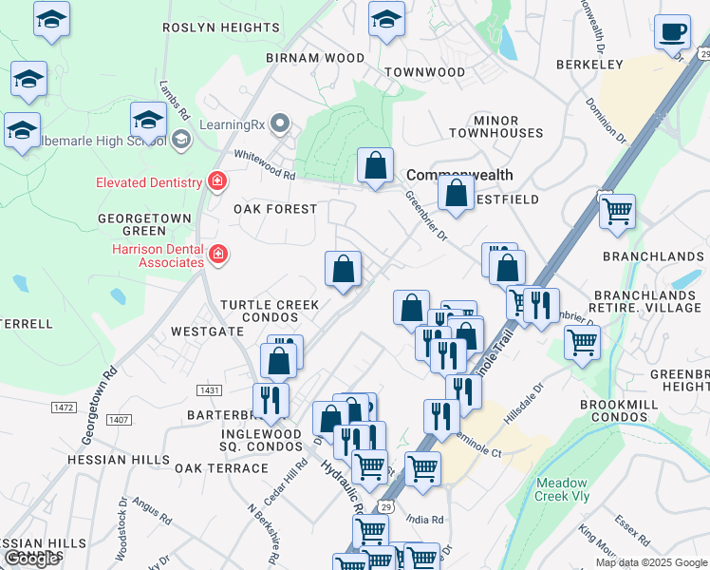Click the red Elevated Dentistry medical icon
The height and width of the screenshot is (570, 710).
click(x=218, y=182)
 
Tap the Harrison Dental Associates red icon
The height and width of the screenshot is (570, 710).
click(x=218, y=254)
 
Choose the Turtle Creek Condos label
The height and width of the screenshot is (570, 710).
click(x=270, y=311)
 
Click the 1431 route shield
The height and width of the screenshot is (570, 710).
click(x=210, y=390)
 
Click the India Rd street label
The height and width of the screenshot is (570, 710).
click(x=424, y=520)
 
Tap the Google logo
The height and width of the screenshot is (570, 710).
click(x=31, y=559)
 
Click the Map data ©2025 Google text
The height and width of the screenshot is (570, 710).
click(x=651, y=562)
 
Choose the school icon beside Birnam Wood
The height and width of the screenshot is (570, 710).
click(x=386, y=20)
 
